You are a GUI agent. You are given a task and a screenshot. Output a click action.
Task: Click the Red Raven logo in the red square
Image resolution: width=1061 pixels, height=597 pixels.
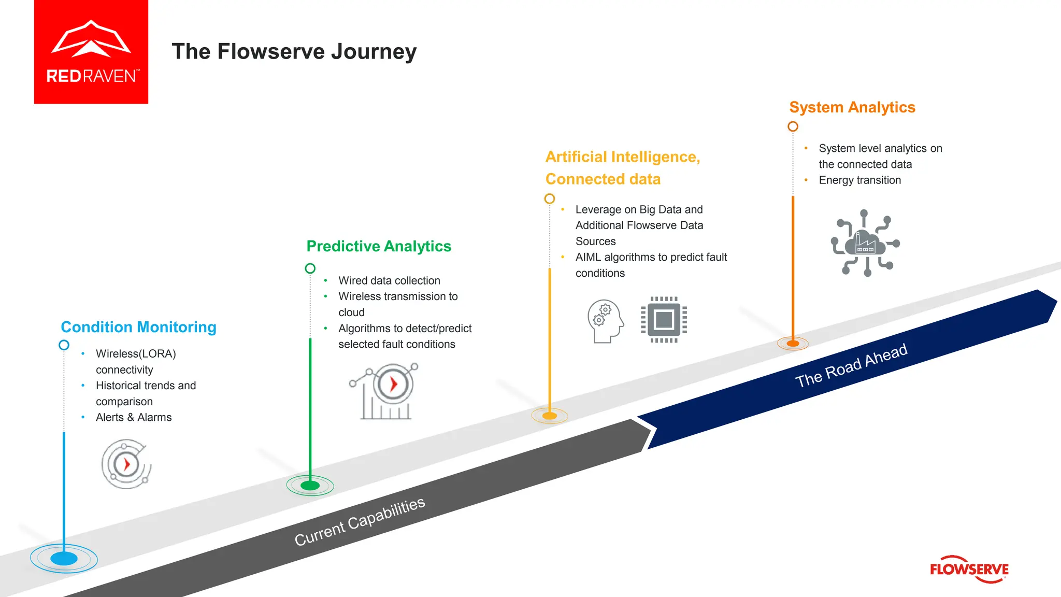point(91,52)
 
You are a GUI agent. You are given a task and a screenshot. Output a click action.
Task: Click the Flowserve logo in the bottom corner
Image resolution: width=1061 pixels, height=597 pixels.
point(969,569)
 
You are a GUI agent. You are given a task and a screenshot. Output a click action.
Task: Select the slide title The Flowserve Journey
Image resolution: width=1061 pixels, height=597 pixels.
point(294,51)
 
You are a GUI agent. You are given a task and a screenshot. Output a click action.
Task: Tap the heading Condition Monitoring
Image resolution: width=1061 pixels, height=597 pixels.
point(138,327)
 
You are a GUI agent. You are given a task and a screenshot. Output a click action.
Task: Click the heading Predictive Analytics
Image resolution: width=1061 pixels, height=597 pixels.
point(379,246)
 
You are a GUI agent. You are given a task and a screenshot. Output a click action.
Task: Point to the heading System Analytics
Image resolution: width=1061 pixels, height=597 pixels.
point(852,107)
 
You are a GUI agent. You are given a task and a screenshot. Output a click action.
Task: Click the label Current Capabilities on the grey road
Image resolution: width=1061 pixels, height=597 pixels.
point(360,521)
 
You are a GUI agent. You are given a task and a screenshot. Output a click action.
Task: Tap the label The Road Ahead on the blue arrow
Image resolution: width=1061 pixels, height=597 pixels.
point(851,366)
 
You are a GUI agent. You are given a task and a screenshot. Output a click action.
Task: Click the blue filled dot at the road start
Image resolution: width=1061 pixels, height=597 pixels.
point(64,559)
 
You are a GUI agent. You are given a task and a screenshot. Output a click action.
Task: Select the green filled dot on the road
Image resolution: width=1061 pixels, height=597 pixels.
point(310,486)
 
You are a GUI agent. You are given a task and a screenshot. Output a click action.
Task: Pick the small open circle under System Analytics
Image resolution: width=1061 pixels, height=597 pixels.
point(793,126)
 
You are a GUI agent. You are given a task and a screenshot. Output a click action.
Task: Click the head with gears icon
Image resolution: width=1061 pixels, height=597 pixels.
point(605,321)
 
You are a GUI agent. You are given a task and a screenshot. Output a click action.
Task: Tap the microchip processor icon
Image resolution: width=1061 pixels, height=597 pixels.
point(664,320)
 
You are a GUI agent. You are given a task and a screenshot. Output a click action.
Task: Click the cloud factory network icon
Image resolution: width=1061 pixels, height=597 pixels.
point(865,243)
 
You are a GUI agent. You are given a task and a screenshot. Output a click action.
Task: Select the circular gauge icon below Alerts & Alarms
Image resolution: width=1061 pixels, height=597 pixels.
point(126,464)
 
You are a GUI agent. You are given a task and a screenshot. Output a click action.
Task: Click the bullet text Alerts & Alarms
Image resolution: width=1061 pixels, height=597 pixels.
point(134,418)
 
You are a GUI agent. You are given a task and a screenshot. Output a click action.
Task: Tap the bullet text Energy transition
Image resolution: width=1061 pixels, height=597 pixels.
point(859,180)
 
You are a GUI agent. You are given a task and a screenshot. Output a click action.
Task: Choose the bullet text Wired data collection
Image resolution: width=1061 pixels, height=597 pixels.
point(389,281)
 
